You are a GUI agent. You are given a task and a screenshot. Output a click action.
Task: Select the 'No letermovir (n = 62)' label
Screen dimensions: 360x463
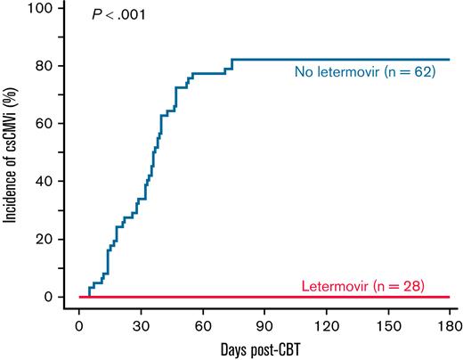[364, 71]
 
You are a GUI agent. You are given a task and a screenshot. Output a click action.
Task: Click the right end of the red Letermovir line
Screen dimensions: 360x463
[449, 297]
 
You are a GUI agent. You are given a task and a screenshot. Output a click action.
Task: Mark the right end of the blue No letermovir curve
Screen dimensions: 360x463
[449, 60]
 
